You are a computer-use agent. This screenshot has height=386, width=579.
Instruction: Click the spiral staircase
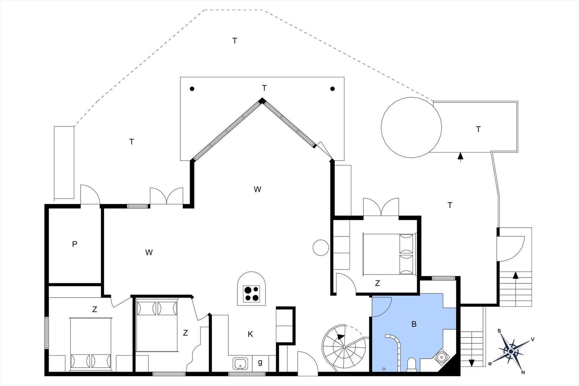tap(344, 347)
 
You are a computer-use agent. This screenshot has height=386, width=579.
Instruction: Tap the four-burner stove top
tap(251, 294)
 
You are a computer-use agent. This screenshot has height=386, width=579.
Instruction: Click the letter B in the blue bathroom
tap(414, 324)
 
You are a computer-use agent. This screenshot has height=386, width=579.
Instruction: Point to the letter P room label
tap(75, 244)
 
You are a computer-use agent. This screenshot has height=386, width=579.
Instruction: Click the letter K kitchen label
tap(250, 334)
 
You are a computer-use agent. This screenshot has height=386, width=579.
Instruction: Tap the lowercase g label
tap(260, 362)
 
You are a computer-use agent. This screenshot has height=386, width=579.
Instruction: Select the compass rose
tap(511, 352)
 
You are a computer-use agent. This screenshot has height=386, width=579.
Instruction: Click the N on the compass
tap(523, 372)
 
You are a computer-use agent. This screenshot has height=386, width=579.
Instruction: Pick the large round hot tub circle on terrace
tap(411, 127)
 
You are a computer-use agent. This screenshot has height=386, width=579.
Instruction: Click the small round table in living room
tap(321, 247)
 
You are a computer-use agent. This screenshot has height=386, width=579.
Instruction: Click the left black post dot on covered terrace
tap(192, 89)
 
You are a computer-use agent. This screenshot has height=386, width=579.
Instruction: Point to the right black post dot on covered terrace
tap(333, 89)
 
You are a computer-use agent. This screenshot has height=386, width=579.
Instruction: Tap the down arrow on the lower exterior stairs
tap(472, 363)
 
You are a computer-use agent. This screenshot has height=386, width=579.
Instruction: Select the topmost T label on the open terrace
tap(235, 41)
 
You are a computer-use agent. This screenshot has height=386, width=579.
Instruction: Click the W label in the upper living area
tap(257, 190)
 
